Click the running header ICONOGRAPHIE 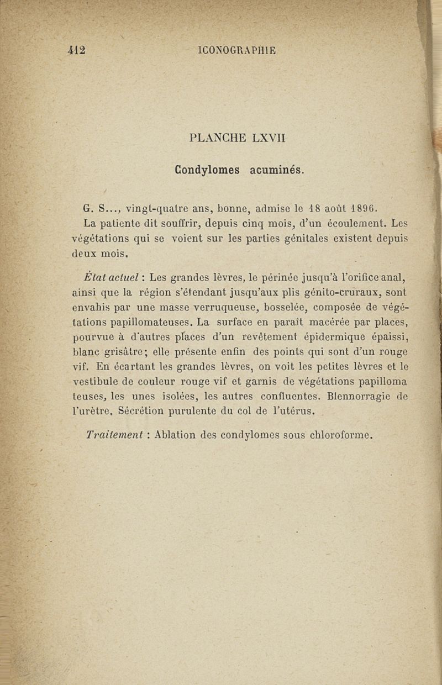pos(236,50)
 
